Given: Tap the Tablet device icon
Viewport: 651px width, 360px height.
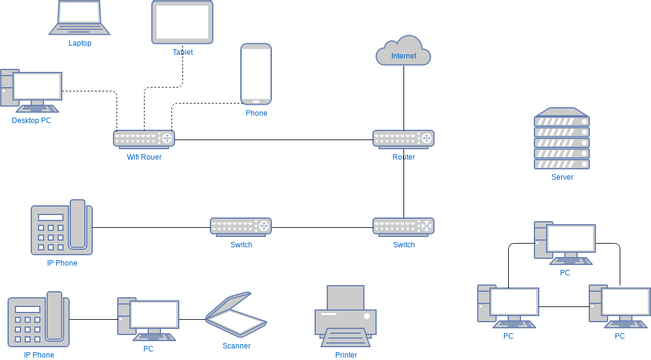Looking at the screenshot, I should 182,22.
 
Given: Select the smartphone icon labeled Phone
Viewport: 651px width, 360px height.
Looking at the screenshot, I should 256,74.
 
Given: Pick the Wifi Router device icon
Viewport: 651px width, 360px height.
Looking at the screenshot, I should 144,138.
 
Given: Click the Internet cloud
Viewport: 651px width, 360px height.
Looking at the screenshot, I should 403,52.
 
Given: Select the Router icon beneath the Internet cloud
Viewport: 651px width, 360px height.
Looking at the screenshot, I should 403,138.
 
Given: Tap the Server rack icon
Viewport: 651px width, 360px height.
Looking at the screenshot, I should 562,139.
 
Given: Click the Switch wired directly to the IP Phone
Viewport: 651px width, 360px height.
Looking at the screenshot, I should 241,226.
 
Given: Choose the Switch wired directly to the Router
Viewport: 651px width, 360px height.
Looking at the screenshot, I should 403,226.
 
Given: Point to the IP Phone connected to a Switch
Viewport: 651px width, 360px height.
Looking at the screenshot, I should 61,229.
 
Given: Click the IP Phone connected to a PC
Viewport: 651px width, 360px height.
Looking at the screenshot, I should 38,320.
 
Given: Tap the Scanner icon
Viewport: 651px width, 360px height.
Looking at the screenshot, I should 237,314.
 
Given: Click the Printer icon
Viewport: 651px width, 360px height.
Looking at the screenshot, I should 346,315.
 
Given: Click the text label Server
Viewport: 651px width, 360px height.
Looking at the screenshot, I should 562,177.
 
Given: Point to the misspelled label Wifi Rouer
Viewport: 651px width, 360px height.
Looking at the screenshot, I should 144,157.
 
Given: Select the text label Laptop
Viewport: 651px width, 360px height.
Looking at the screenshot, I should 79,43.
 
